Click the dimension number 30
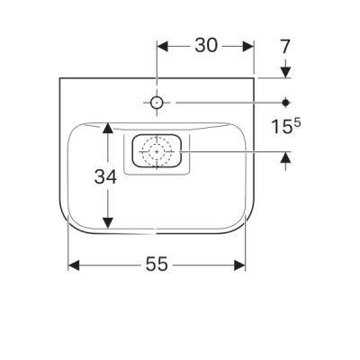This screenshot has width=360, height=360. (206, 46)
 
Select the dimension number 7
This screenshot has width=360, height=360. (285, 47)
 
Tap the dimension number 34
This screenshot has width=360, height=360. (105, 177)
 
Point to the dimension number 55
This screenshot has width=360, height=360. (157, 265)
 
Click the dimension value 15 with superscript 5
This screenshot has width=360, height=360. (286, 126)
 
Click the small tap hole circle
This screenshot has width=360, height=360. (157, 103)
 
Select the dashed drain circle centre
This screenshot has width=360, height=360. (157, 152)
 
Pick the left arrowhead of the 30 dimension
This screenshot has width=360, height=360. (162, 47)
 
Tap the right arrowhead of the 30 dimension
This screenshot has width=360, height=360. (248, 47)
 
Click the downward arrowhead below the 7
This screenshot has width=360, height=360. (286, 72)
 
